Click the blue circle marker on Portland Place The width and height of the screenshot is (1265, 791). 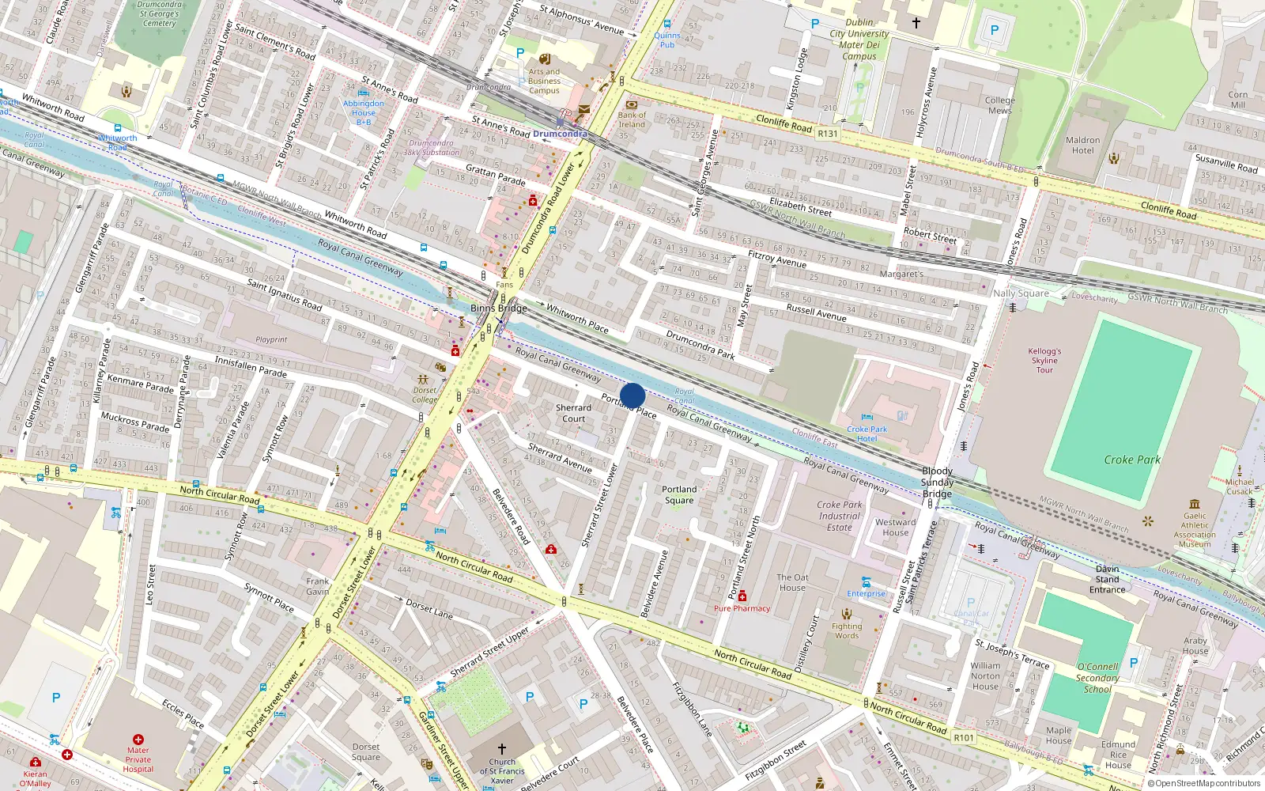pyautogui.click(x=632, y=395)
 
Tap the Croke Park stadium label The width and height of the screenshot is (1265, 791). pyautogui.click(x=1132, y=460)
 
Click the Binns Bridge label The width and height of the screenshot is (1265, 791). pyautogui.click(x=498, y=308)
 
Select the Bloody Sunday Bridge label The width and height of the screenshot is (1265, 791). pyautogui.click(x=937, y=482)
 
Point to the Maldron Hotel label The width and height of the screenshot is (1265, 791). pyautogui.click(x=1082, y=146)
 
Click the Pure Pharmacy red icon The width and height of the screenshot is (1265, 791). pyautogui.click(x=742, y=596)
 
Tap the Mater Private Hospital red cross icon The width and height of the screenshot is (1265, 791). pyautogui.click(x=138, y=740)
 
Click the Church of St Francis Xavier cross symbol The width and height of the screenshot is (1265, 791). pyautogui.click(x=501, y=747)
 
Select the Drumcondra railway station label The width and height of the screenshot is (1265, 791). pyautogui.click(x=560, y=134)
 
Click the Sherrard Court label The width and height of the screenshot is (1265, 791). pyautogui.click(x=573, y=413)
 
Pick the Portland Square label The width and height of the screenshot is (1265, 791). pyautogui.click(x=679, y=494)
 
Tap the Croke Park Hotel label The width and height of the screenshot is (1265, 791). pyautogui.click(x=867, y=433)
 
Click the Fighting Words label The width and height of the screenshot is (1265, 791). pyautogui.click(x=847, y=630)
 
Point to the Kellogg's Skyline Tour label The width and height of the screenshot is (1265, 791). pyautogui.click(x=1044, y=360)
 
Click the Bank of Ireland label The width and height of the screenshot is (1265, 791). pyautogui.click(x=632, y=119)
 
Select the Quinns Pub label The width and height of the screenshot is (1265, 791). pyautogui.click(x=667, y=40)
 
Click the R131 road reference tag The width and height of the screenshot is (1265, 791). pyautogui.click(x=828, y=134)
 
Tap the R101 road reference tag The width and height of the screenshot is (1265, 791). pyautogui.click(x=964, y=738)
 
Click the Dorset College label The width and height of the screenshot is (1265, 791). pyautogui.click(x=425, y=395)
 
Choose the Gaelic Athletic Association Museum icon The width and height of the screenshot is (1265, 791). pyautogui.click(x=1195, y=504)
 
